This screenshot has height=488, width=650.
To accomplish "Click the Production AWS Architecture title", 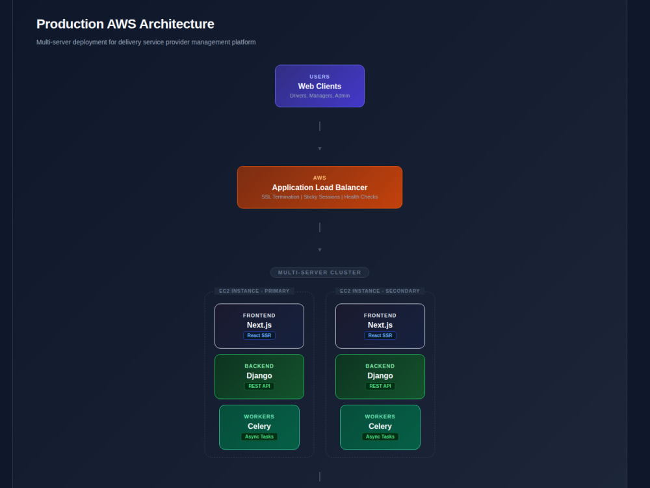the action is click(x=125, y=24).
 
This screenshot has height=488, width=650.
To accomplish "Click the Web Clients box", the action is click(x=320, y=86).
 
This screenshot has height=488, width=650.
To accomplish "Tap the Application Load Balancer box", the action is click(x=320, y=187).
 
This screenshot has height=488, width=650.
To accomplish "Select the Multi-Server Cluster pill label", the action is click(x=320, y=272).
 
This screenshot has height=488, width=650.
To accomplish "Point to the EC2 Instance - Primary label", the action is click(x=254, y=291).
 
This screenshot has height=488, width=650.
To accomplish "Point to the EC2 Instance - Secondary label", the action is click(x=380, y=291).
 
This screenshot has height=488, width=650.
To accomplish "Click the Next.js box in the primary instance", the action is click(x=259, y=326).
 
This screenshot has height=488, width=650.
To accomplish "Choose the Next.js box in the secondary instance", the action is click(x=380, y=326).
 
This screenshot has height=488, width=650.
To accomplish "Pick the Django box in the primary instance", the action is click(x=259, y=376).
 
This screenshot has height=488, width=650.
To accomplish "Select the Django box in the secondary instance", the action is click(x=380, y=376).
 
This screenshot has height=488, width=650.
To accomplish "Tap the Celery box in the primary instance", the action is click(x=259, y=427).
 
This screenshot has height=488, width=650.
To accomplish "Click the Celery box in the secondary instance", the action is click(x=380, y=427).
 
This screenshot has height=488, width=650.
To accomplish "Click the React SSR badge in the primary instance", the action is click(x=259, y=335).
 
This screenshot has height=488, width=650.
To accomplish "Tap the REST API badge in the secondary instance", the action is click(x=380, y=386).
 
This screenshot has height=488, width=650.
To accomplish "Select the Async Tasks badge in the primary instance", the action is click(x=259, y=437).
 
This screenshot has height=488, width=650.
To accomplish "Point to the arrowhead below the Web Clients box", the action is click(x=320, y=148).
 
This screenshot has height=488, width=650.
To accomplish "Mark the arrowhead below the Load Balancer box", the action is click(x=320, y=250).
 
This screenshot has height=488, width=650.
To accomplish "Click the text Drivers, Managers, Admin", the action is click(x=320, y=96).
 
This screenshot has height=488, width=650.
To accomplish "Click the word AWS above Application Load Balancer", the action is click(x=320, y=178).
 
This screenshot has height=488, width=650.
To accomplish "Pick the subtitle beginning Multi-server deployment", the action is click(x=146, y=42).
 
